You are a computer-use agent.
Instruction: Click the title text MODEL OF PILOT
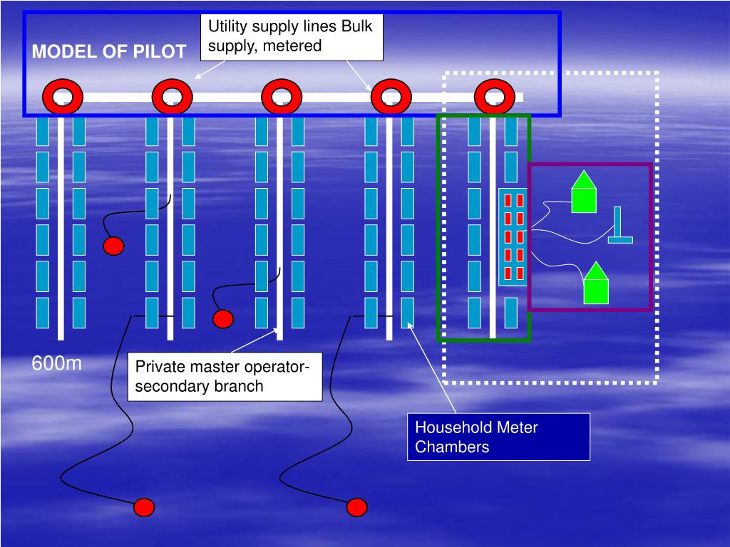point(109,52)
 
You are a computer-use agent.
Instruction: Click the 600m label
point(57,364)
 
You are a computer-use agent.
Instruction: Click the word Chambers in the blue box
point(453,447)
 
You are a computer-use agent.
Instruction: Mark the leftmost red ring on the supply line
point(62,97)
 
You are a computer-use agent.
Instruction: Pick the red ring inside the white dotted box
point(495,97)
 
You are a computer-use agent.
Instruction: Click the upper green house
point(584,192)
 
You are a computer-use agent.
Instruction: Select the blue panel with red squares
point(513,236)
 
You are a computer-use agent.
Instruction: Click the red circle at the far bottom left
point(145,507)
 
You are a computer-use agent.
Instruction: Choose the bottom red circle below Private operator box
point(356,507)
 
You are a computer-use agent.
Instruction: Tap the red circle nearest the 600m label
point(113,246)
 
